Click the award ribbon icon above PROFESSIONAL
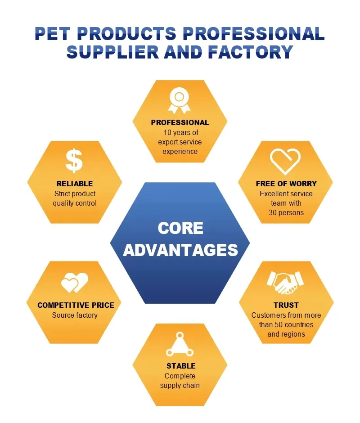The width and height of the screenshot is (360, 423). (179, 101)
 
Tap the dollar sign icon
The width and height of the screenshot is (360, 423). (74, 161)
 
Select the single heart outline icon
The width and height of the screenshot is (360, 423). (285, 161)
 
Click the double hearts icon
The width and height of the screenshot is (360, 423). (75, 283)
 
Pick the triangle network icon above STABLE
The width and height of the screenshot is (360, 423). (180, 345)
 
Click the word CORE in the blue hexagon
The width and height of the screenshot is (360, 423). (180, 228)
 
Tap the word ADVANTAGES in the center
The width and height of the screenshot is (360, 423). (180, 250)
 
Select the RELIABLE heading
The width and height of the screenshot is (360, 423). (75, 184)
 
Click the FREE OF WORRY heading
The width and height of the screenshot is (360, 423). (286, 184)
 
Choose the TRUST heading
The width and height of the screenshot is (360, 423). (286, 305)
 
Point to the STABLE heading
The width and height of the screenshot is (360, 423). (181, 366)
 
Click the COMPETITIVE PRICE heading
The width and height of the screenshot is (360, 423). (76, 305)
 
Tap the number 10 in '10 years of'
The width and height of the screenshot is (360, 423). (167, 132)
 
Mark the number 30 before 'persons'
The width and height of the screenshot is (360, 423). (273, 212)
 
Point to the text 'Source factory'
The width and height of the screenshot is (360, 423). (75, 315)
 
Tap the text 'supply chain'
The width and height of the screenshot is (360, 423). (180, 386)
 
